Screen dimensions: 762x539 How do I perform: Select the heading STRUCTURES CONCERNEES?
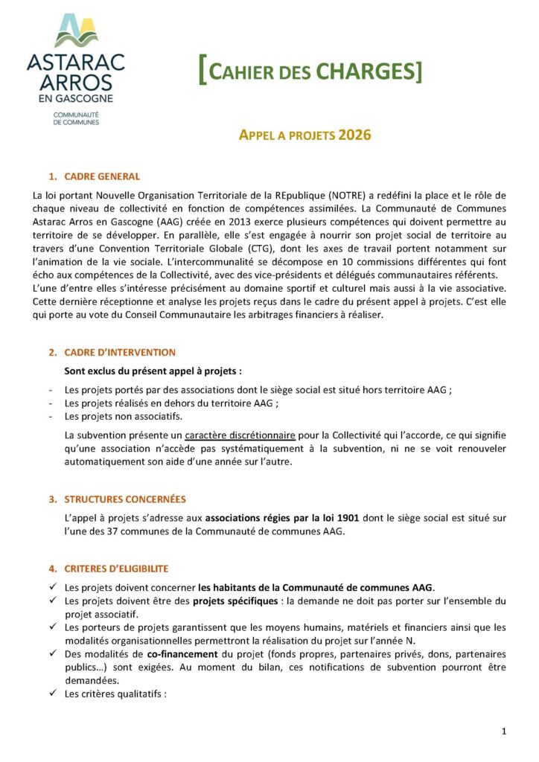125,499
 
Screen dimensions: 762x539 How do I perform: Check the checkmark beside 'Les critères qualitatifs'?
53,694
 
